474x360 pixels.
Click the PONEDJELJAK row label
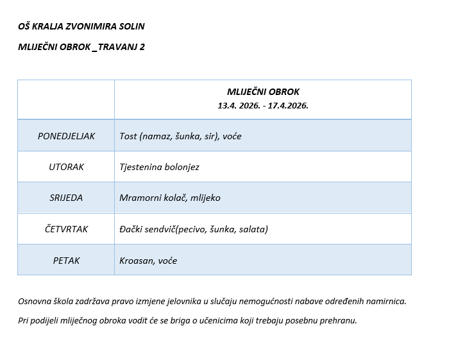[66, 136]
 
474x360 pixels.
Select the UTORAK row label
[66, 167]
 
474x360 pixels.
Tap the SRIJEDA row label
[66, 198]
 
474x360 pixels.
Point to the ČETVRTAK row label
[66, 229]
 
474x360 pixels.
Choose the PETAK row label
[66, 261]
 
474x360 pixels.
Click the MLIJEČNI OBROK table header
[263, 92]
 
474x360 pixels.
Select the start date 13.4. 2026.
[237, 105]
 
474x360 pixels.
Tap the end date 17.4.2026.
[288, 105]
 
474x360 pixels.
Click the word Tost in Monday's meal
[128, 136]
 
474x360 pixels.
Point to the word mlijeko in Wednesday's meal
[205, 198]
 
